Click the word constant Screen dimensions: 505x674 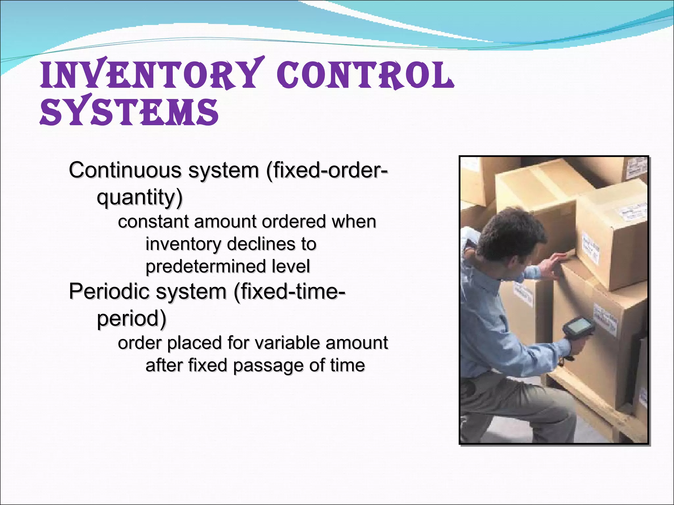point(153,222)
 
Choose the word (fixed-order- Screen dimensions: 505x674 point(327,170)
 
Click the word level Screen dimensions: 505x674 point(291,266)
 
